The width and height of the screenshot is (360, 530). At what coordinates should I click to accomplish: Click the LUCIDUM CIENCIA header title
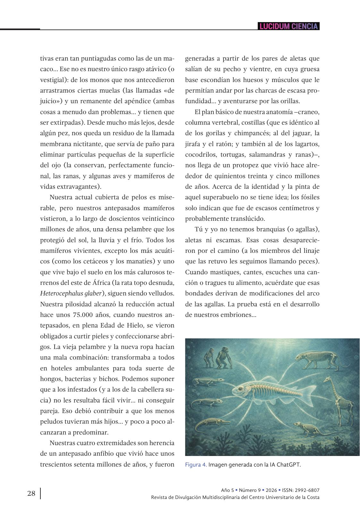point(289,26)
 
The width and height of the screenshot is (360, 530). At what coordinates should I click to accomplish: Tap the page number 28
point(31,493)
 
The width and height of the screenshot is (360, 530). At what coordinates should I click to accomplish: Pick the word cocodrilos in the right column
point(200,155)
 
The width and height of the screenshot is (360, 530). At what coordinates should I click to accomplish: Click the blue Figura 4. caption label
point(196,465)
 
